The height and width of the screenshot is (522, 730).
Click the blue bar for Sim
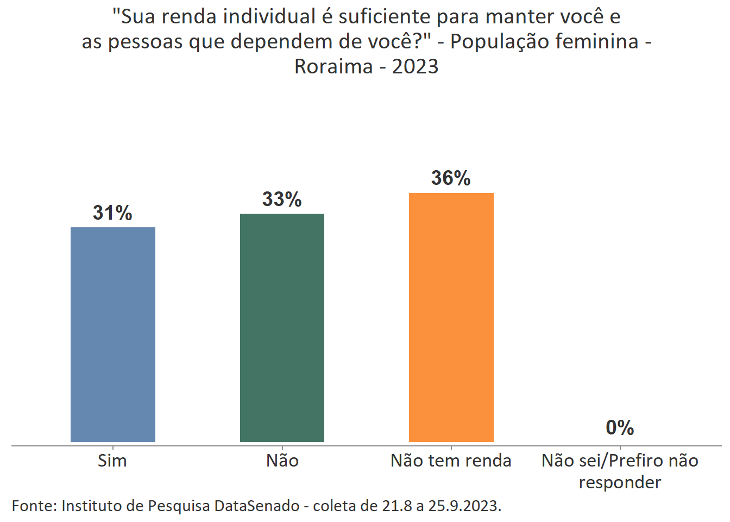113,334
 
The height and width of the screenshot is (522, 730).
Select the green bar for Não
282,327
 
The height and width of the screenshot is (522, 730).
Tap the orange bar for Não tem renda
451,317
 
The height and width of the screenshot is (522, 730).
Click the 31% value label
112,213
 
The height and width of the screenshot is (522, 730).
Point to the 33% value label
282,199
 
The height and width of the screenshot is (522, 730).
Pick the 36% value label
451,178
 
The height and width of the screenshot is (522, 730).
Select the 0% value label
620,427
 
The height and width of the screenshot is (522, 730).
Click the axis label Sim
112,461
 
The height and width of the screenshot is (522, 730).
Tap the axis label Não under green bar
282,461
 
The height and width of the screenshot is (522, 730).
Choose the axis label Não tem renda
451,461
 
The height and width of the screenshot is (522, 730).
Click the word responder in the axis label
620,482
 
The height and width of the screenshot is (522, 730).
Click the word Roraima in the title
333,66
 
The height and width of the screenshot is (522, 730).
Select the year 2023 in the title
415,66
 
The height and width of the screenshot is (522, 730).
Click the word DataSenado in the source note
257,506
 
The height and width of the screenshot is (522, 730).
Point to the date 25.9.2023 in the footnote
464,506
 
